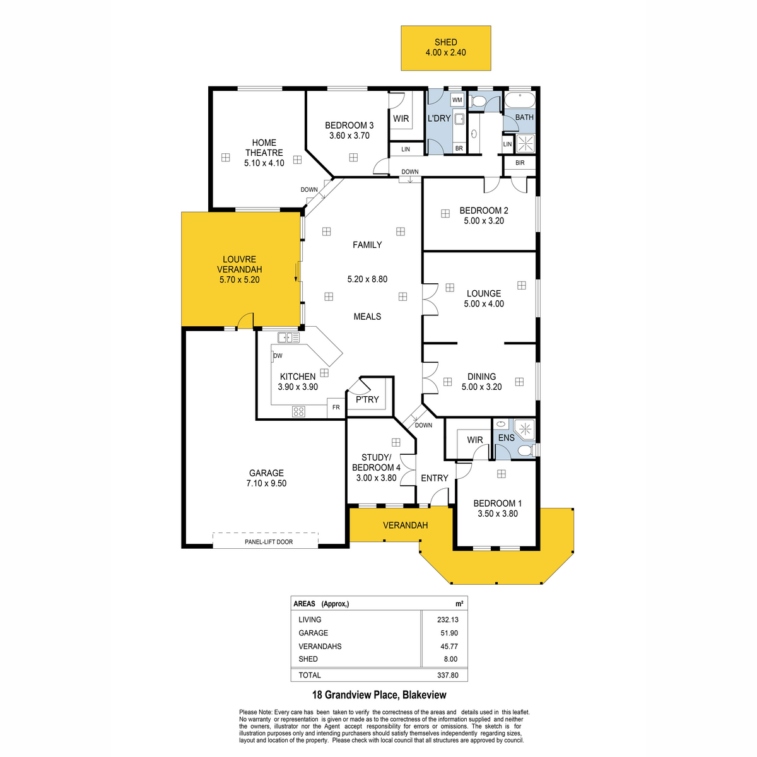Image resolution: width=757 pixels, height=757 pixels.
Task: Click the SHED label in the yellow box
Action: [x=445, y=42]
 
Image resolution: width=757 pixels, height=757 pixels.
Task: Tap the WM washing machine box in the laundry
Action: [x=457, y=100]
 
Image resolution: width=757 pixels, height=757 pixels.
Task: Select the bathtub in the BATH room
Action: [x=519, y=100]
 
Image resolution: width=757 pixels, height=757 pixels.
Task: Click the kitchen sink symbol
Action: [x=288, y=337]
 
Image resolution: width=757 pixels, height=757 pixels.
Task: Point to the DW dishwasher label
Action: [x=278, y=356]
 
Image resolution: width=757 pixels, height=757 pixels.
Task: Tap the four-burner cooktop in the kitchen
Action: [x=298, y=411]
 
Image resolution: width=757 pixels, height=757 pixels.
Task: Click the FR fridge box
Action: [x=336, y=408]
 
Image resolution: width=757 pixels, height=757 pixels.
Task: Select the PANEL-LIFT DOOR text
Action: [x=269, y=542]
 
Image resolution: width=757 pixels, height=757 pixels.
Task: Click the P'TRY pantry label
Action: [x=367, y=399]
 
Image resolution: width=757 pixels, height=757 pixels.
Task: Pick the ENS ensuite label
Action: [x=506, y=438]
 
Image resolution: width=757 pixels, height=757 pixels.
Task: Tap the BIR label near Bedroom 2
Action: [x=520, y=163]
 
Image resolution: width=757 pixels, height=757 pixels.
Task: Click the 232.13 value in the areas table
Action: [x=447, y=619]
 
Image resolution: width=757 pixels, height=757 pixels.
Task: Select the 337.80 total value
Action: [x=447, y=675]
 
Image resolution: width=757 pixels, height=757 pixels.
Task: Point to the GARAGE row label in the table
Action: [x=313, y=633]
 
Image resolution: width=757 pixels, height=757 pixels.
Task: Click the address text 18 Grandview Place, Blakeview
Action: [x=379, y=695]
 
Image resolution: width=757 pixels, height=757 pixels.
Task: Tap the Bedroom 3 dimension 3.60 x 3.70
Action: [x=349, y=136]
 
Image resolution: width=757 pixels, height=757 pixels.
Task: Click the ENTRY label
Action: [x=434, y=478]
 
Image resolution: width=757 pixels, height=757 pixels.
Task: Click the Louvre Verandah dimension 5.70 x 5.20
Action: [x=239, y=279]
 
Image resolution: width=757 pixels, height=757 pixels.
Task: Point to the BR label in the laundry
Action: [x=459, y=148]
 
